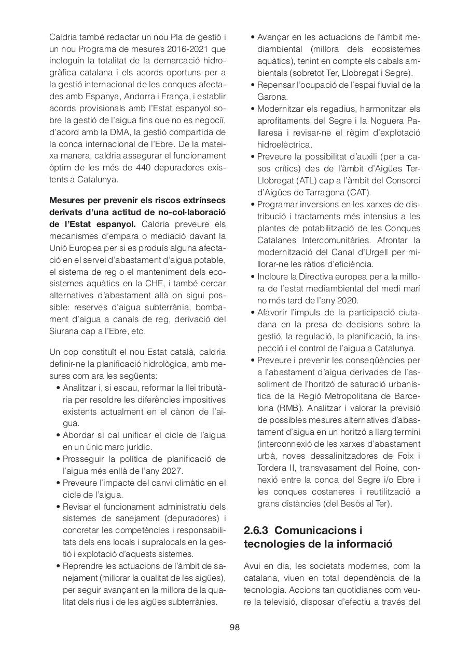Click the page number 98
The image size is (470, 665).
[x=234, y=627]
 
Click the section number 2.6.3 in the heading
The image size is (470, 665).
[x=256, y=530]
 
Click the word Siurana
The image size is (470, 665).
[x=62, y=331]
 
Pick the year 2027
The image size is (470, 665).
[x=172, y=471]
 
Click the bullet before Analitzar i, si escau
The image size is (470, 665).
[x=58, y=388]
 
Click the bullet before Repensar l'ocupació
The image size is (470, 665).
[x=253, y=85]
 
